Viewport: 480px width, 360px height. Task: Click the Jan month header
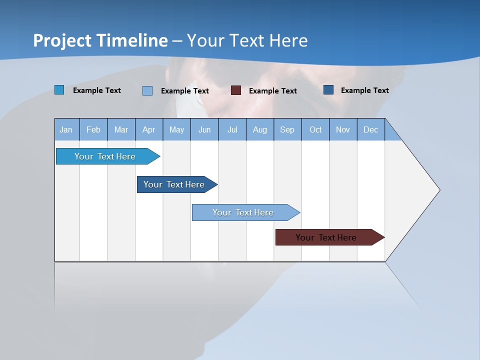click(66, 129)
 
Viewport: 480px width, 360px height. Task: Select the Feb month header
click(93, 129)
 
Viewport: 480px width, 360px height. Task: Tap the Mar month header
click(121, 129)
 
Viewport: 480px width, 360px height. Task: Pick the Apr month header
click(149, 129)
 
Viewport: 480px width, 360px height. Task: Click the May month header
click(176, 129)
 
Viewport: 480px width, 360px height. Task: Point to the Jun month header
click(204, 129)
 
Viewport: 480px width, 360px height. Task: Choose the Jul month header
click(232, 129)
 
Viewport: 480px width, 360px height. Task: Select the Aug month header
click(260, 129)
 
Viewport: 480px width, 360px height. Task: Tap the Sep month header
click(287, 129)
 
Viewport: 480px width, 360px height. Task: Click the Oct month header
click(315, 129)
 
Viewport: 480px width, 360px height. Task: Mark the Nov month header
click(343, 129)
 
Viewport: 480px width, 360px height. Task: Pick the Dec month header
click(371, 129)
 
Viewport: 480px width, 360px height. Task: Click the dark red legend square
click(236, 90)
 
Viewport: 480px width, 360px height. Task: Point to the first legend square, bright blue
click(59, 90)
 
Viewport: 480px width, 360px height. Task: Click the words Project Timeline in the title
click(100, 40)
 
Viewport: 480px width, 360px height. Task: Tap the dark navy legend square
click(328, 90)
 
